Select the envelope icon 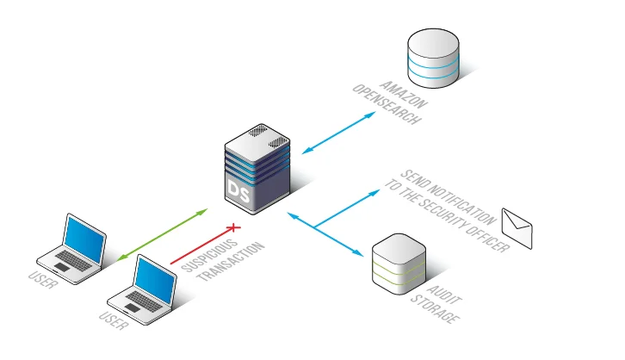(x=517, y=228)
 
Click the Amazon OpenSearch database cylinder (x=433, y=59)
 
